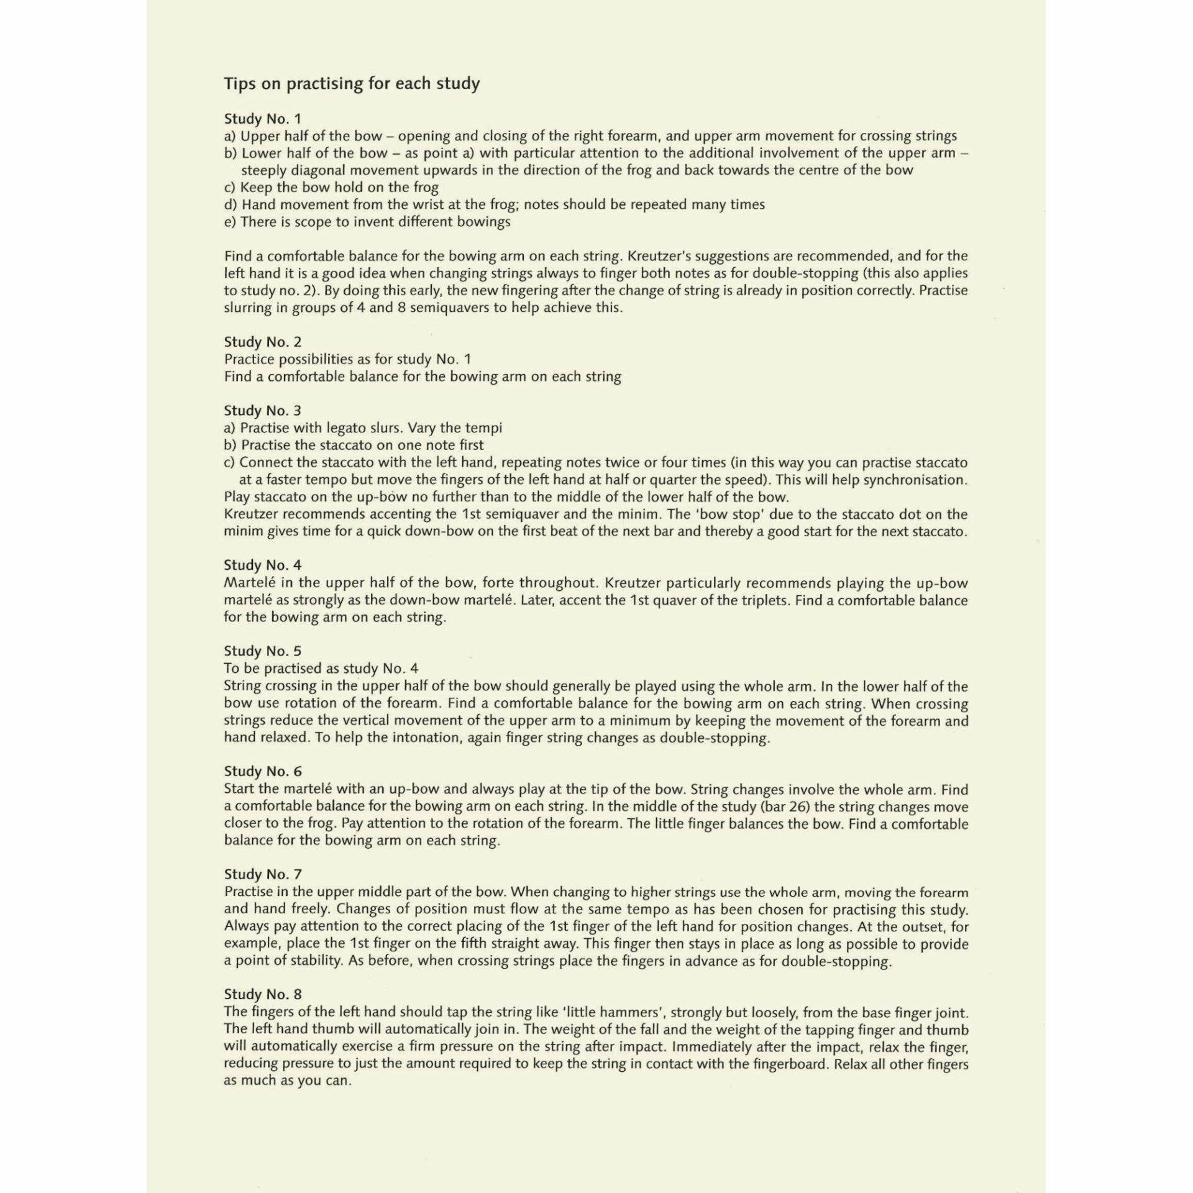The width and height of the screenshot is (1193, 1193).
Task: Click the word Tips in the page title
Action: coord(240,83)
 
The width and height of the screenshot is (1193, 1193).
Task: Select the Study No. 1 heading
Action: coord(262,118)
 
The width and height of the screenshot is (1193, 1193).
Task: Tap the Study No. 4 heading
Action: coord(262,565)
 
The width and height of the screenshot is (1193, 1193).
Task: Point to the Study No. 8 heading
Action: coord(262,994)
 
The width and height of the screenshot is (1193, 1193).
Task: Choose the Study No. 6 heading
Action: coord(262,771)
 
